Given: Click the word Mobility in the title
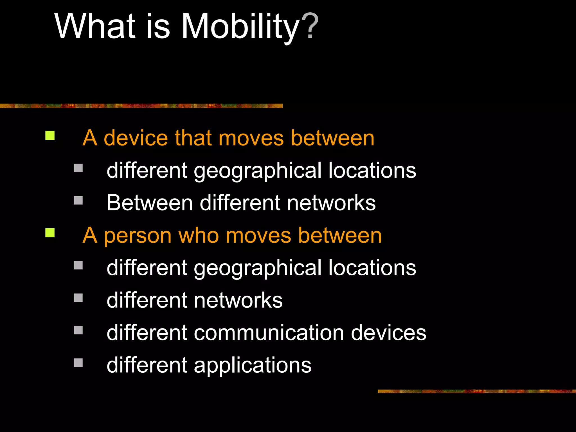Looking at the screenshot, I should pos(240,27).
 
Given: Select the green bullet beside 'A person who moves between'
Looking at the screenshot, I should pos(50,233).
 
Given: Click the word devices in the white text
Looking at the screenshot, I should pos(389,333).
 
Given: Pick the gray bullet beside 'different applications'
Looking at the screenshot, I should pos(78,363).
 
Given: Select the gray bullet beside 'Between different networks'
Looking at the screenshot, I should pos(78,200).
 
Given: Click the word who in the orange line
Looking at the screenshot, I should pos(199,235).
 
